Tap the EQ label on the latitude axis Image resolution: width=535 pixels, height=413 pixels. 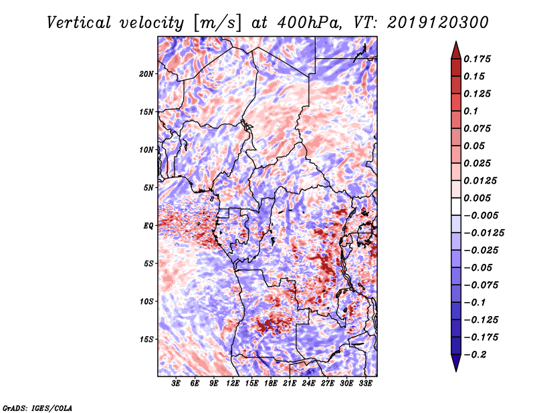click(x=148, y=226)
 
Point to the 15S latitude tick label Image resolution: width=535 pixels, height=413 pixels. click(x=147, y=339)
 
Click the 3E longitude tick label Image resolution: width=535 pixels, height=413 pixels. click(x=176, y=384)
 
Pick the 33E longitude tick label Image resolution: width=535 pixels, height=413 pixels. click(x=365, y=384)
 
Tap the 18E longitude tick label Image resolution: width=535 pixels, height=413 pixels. click(x=271, y=384)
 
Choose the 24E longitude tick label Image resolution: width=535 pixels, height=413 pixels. click(x=308, y=384)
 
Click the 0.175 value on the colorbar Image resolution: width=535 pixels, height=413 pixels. click(x=479, y=59)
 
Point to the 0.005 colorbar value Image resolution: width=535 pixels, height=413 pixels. click(x=479, y=198)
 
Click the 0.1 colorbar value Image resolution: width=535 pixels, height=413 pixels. click(x=472, y=111)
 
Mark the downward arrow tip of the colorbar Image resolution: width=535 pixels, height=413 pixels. click(x=455, y=370)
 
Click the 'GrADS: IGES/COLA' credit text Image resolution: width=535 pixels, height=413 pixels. click(x=37, y=407)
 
